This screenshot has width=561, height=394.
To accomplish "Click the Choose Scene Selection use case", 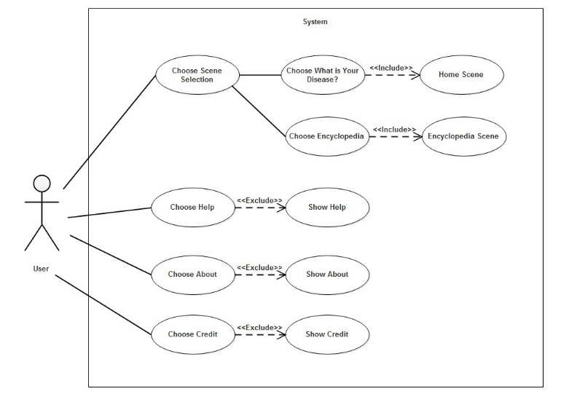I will [x=197, y=75].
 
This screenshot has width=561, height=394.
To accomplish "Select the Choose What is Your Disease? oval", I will [x=323, y=75].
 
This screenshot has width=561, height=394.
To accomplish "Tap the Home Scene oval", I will [x=460, y=74].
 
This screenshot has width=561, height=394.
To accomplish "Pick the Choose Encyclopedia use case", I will [x=326, y=136].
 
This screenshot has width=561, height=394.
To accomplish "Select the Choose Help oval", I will [x=192, y=207].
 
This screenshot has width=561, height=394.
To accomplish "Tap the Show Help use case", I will [x=327, y=207].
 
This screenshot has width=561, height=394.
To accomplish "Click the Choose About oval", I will [x=192, y=275].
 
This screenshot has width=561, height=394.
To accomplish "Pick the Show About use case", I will [x=327, y=275].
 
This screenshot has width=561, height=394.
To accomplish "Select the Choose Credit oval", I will [x=192, y=334].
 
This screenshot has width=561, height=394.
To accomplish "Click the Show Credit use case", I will [x=327, y=334].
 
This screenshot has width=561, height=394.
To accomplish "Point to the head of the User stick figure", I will [x=42, y=183].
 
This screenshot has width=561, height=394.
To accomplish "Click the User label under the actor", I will [x=41, y=269].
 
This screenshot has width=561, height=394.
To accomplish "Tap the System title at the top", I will [x=315, y=22].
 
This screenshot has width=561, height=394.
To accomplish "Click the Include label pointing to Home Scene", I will [x=391, y=68].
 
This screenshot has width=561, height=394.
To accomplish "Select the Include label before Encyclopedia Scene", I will [x=394, y=130].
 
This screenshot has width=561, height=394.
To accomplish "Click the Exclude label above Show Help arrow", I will [x=259, y=200].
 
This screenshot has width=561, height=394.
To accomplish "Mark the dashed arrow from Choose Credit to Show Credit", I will [x=259, y=335].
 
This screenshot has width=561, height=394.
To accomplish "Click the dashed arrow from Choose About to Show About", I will [x=259, y=275].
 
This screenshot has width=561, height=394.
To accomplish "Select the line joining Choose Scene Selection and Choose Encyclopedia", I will [x=259, y=111].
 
